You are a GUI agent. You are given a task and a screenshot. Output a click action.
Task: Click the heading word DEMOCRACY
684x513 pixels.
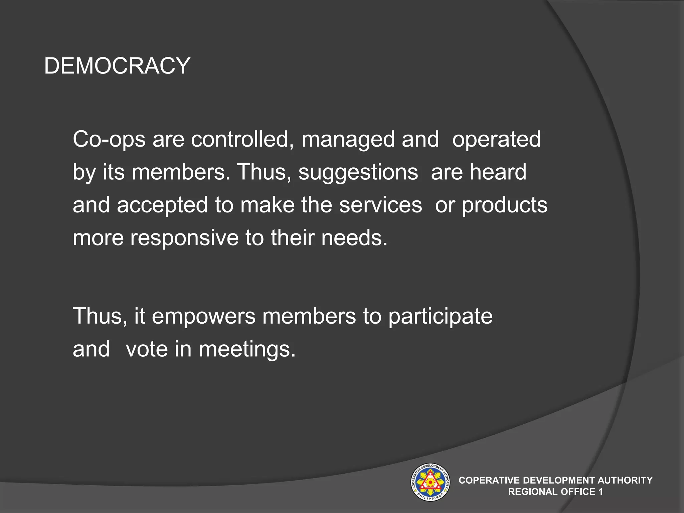[117, 66]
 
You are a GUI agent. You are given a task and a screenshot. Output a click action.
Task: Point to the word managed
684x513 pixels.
[348, 140]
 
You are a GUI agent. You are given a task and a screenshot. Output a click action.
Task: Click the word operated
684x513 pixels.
[496, 140]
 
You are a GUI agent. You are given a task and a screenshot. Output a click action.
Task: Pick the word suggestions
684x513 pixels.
[358, 172]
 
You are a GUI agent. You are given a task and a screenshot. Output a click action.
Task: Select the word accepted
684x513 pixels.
[162, 205]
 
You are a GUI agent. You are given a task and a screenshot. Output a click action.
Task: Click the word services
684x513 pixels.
[380, 205]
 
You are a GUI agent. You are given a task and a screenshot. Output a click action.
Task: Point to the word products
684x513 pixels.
[504, 205]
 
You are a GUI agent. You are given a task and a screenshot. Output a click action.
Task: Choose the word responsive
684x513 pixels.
[184, 238]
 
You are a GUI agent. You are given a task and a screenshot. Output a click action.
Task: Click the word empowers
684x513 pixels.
[204, 316]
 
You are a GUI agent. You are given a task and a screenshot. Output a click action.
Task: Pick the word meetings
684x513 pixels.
[247, 350]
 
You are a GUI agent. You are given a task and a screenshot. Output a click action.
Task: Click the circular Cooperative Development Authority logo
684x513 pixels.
[430, 482]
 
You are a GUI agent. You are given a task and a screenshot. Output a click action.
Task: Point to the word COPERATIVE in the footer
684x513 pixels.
[489, 480]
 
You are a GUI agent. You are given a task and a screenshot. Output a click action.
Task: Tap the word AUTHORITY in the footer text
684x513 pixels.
[625, 480]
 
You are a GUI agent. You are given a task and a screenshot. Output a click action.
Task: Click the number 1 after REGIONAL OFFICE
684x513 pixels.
[601, 492]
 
